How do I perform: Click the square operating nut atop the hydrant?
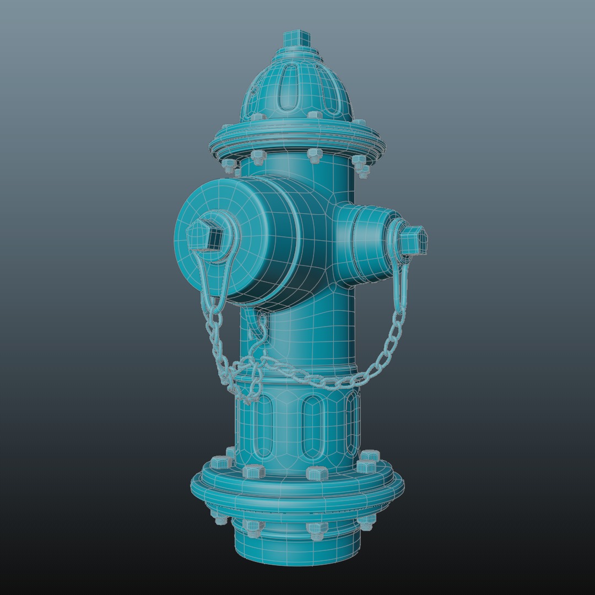click(x=297, y=40)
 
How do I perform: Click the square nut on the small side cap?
click(x=415, y=240)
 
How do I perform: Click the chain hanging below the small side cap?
click(x=386, y=353)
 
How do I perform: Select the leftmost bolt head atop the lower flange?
click(x=221, y=462)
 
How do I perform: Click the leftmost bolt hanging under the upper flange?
click(x=228, y=164)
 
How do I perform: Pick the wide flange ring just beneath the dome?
click(x=297, y=140)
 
